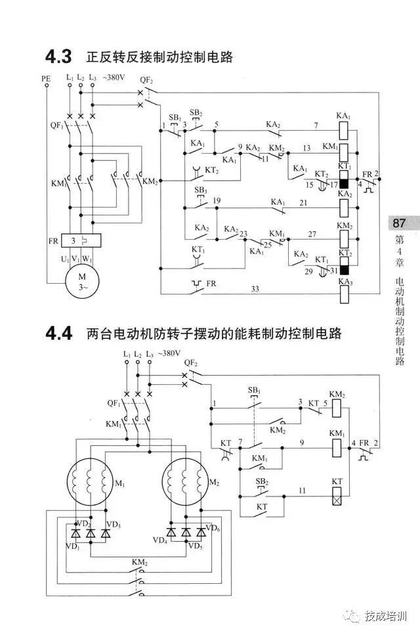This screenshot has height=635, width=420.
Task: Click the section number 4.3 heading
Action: [x=58, y=56]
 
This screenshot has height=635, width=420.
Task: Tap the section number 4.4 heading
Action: [x=58, y=334]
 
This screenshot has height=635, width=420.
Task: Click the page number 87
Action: [x=399, y=223]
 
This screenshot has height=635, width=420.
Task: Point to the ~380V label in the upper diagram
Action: [x=114, y=78]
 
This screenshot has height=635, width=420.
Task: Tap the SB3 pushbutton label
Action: [x=201, y=190]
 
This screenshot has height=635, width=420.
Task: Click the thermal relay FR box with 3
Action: [x=78, y=241]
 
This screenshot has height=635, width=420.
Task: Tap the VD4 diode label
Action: [x=160, y=540]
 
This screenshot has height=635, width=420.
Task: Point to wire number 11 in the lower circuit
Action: [x=302, y=491]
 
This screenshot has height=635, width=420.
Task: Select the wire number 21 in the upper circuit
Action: [x=303, y=203]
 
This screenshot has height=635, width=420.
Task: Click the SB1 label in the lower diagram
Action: [x=255, y=390]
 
